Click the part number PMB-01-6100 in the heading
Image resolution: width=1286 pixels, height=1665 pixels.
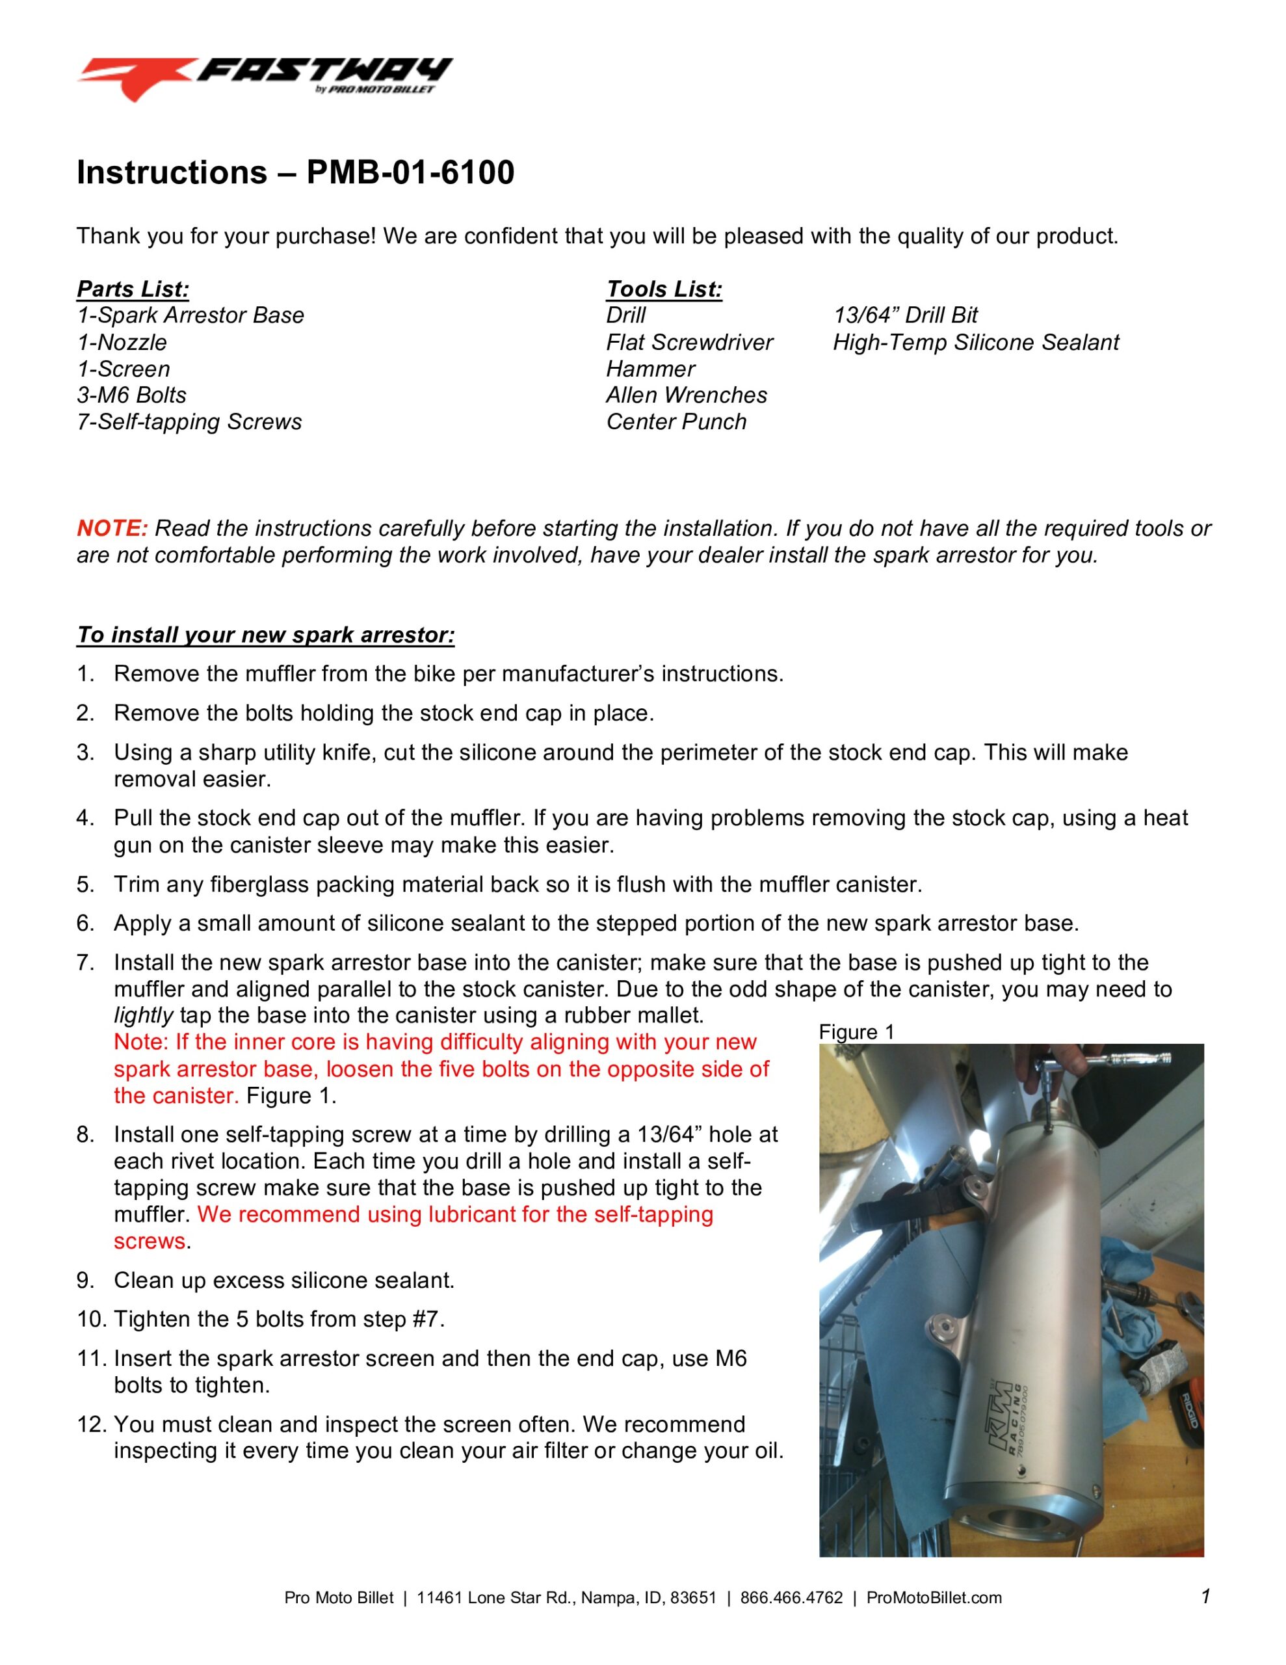[x=410, y=172]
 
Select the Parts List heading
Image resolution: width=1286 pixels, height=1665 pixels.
[x=133, y=289]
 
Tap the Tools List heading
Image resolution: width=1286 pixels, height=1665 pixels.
[x=663, y=289]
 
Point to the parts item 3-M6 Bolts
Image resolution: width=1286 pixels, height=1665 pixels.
[x=131, y=395]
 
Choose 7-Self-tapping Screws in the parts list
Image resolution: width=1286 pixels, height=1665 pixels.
[x=189, y=421]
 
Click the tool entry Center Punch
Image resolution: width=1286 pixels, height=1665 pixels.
[x=676, y=421]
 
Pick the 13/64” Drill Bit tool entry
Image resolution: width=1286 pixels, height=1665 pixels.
[x=905, y=315]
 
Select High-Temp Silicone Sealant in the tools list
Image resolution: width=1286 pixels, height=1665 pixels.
[x=975, y=342]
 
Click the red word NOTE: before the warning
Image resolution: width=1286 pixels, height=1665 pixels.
[x=112, y=528]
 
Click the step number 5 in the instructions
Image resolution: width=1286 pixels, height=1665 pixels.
[x=85, y=885]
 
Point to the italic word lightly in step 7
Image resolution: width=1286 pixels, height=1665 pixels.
[x=143, y=1015]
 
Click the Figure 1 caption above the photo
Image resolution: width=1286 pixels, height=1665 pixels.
[x=856, y=1032]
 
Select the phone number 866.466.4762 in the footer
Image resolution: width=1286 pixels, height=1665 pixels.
[x=791, y=1598]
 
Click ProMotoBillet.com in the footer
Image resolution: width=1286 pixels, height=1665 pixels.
[x=934, y=1598]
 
